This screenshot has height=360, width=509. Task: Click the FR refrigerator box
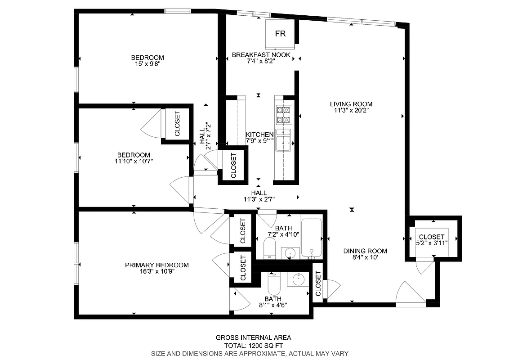(280, 34)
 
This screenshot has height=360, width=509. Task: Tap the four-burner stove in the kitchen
(284, 115)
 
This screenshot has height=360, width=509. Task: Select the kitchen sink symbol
(284, 144)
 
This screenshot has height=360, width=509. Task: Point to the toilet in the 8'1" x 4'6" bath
(273, 283)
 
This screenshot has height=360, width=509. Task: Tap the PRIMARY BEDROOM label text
(156, 265)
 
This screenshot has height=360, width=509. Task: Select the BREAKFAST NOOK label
(261, 55)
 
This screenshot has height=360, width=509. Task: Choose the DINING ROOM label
(365, 251)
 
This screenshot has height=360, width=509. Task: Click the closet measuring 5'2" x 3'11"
(432, 239)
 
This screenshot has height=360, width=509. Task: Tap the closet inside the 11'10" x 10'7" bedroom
(177, 124)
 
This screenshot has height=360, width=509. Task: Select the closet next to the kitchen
(233, 166)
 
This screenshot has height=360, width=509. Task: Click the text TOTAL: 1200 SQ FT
(253, 346)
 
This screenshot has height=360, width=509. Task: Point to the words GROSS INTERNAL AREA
(253, 337)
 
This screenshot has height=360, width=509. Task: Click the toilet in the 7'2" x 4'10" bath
(269, 248)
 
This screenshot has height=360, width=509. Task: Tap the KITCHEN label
(259, 135)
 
